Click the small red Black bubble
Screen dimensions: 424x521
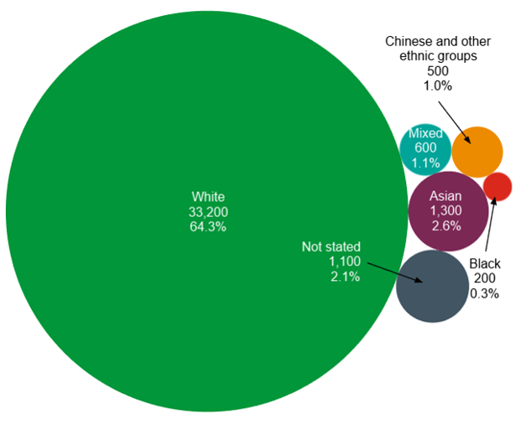[498, 185]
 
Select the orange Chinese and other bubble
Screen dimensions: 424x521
[477, 152]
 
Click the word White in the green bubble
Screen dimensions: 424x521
[208, 197]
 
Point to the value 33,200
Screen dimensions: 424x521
[208, 211]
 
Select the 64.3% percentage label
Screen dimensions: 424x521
[208, 225]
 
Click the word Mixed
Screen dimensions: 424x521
[425, 134]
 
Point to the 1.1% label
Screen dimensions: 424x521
[425, 163]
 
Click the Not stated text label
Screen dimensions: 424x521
[331, 246]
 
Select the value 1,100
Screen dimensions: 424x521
[343, 261]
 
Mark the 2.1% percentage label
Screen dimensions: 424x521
[345, 276]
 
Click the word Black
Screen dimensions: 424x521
[485, 264]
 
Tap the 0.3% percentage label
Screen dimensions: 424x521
[485, 292]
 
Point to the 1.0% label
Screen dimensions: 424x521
[438, 85]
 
